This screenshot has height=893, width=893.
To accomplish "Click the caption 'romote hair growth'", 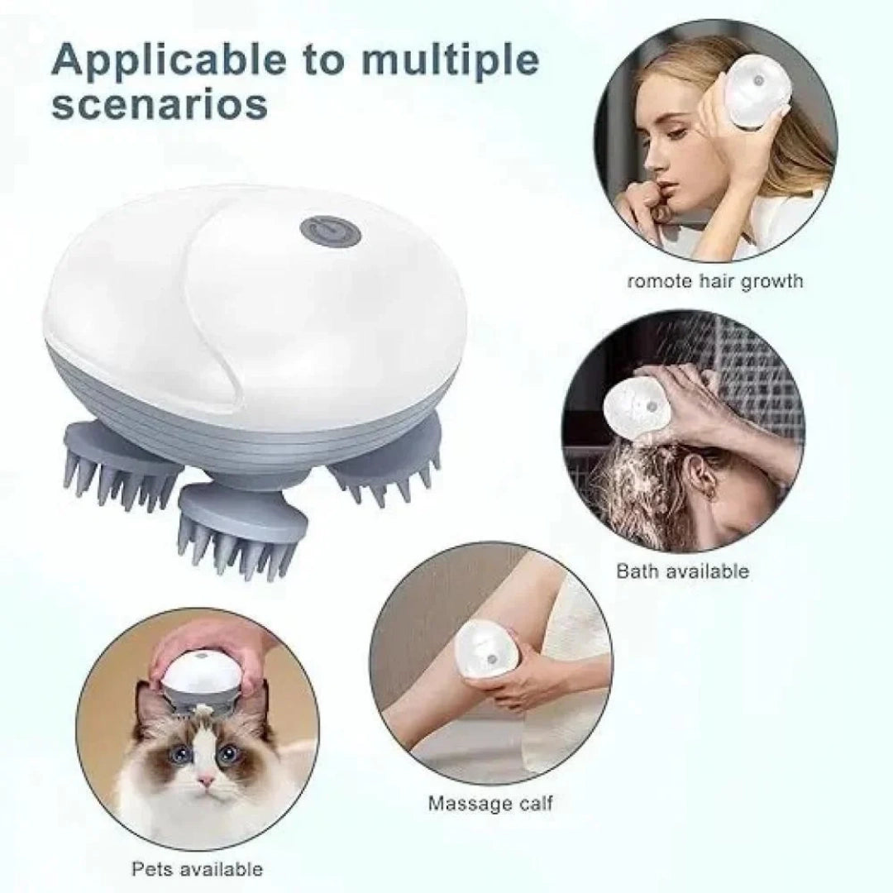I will click(x=715, y=281).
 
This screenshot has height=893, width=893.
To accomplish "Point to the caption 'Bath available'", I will click(x=683, y=571).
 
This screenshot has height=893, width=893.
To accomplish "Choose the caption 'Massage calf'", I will click(x=491, y=803).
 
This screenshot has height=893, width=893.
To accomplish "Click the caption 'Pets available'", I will click(x=198, y=868).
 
